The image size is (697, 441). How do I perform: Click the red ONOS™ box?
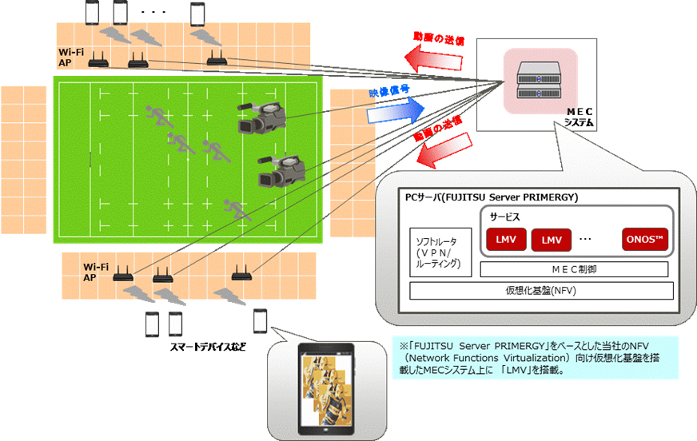tap(645, 239)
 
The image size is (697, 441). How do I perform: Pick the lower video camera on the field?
tap(281, 170)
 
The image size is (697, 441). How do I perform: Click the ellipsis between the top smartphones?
tap(153, 13)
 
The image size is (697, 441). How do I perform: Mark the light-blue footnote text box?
tap(535, 356)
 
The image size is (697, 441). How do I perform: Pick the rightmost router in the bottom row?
tap(241, 276)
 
